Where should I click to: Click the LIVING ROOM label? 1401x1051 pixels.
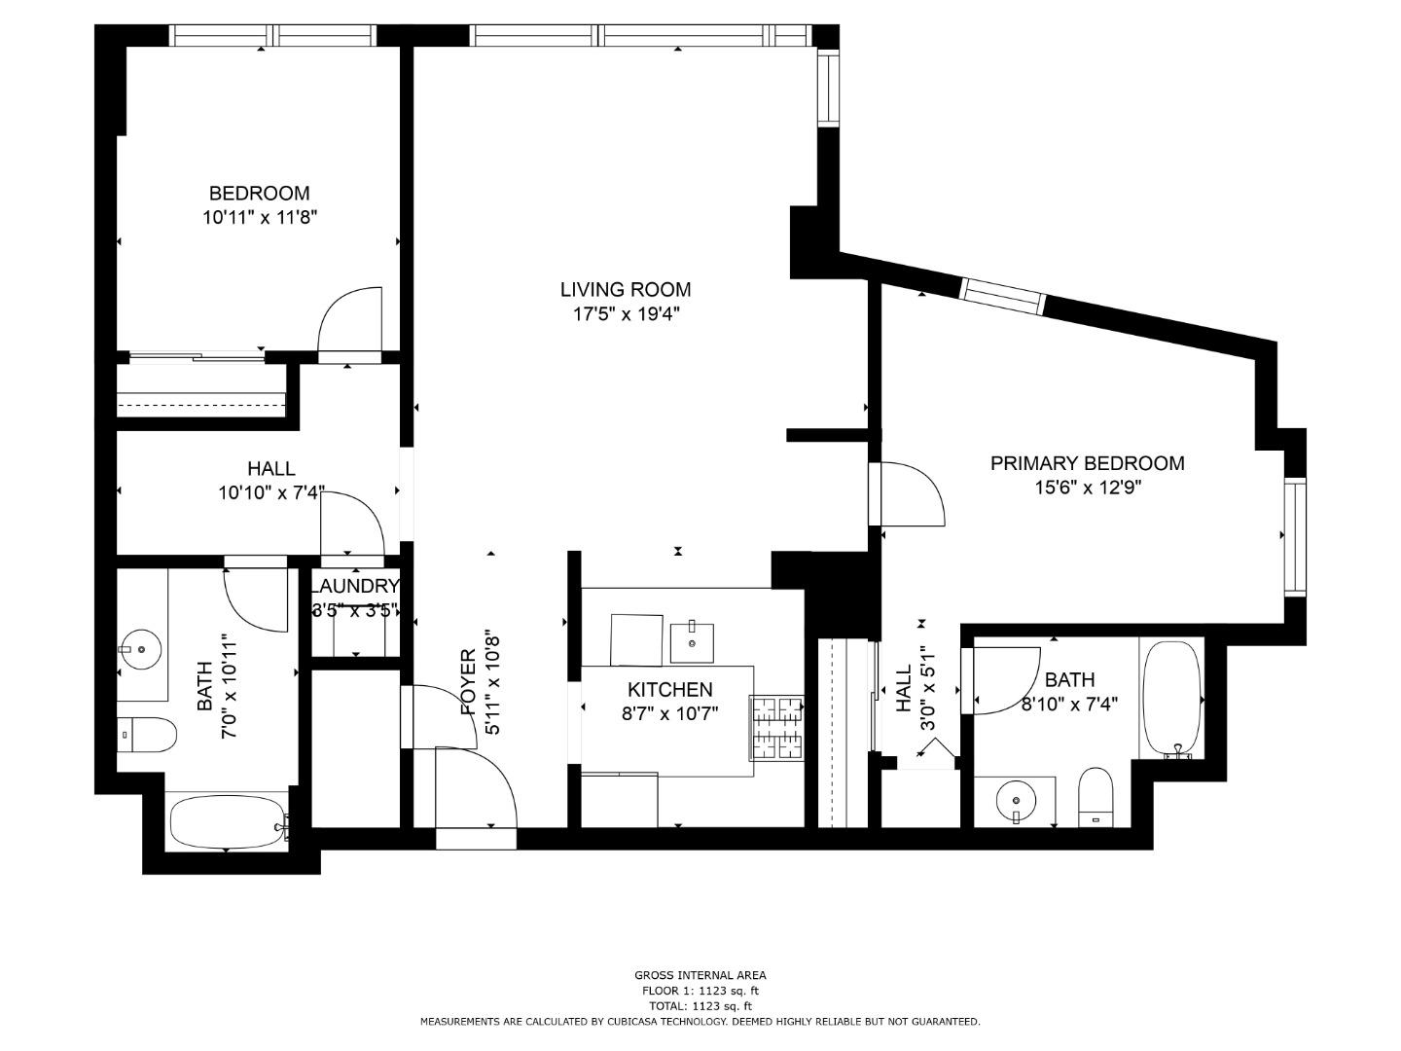625,289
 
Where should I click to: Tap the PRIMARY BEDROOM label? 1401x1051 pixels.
1087,463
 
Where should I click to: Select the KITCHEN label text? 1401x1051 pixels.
669,690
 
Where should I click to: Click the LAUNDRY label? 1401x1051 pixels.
355,586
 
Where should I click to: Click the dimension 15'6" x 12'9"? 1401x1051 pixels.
1087,488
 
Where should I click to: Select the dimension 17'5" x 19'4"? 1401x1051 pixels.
625,314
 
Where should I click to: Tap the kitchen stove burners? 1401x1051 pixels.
775,728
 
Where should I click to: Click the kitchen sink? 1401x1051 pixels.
692,641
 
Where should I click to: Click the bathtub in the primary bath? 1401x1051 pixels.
1171,698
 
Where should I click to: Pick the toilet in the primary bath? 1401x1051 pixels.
1096,796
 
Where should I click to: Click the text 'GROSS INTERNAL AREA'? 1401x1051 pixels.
700,975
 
